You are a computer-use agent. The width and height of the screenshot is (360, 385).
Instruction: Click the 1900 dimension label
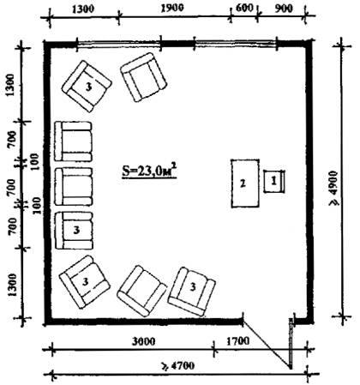pos(172,9)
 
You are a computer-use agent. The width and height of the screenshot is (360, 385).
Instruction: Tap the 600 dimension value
pos(244,9)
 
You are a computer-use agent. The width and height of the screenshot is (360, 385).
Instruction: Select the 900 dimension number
pos(283,9)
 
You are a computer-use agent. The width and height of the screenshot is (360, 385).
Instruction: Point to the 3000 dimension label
pos(144,341)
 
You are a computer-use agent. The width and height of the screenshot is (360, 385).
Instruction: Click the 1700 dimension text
pos(237,341)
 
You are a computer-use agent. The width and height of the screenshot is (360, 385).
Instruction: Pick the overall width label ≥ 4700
pos(178,365)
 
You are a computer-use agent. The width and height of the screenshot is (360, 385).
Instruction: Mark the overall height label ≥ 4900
pos(334,189)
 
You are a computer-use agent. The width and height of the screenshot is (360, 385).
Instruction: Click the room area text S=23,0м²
pos(149,171)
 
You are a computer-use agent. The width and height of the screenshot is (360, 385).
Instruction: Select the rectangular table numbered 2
pos(245,183)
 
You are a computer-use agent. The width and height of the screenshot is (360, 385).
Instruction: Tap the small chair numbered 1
pos(274,181)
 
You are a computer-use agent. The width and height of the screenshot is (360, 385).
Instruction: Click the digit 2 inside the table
pos(243,183)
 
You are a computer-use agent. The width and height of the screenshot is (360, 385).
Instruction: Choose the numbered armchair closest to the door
pos(191,292)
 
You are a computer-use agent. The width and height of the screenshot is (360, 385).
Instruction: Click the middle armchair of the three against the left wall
pos(74,187)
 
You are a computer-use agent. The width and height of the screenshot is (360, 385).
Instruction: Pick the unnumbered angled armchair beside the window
pos(143,77)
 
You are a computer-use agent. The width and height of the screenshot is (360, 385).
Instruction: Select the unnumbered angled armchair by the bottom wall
pos(141,291)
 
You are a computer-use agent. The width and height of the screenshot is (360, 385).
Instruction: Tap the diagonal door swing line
pos(267,344)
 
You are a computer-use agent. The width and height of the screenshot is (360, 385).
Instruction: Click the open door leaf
pos(291,343)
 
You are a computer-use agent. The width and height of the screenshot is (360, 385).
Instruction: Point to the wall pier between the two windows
pos(178,44)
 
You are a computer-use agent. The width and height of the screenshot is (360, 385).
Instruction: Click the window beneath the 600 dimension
pos(236,44)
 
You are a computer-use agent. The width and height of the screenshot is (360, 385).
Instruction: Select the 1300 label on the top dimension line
pos(83,9)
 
